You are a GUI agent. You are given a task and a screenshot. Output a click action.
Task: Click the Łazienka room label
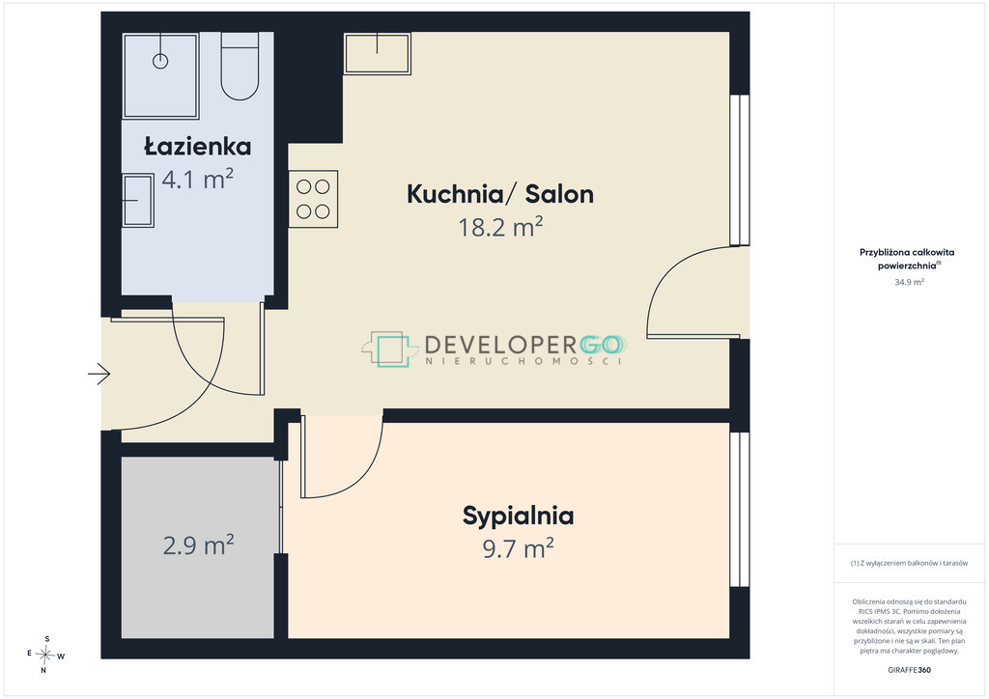(197, 146)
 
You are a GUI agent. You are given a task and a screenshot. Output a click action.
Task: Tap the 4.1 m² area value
(197, 179)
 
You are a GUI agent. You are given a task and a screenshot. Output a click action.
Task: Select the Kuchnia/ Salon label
(500, 193)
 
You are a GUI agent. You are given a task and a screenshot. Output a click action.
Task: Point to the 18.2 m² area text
(500, 227)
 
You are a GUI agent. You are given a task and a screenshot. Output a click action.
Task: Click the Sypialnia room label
(518, 517)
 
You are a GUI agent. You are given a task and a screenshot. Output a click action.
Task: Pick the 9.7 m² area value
(518, 548)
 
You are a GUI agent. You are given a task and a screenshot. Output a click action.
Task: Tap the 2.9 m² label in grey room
(198, 545)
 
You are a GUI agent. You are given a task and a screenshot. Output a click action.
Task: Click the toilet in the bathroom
(240, 67)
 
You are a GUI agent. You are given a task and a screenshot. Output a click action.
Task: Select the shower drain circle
(161, 61)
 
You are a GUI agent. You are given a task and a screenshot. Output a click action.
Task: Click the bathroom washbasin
(138, 201)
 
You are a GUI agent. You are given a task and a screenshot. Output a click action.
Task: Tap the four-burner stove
(314, 199)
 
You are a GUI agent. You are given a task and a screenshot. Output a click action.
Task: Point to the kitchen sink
(378, 53)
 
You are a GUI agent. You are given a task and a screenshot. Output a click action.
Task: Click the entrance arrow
(99, 374)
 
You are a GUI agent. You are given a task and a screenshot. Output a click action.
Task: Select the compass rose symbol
(45, 655)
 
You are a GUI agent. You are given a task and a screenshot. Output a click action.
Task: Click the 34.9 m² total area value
(909, 282)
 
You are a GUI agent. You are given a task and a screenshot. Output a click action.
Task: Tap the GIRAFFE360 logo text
(909, 670)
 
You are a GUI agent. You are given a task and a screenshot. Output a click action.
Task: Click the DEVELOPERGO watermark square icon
(390, 349)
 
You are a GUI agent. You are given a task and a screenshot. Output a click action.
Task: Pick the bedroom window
(739, 509)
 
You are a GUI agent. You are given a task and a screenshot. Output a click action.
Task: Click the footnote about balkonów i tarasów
(909, 563)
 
